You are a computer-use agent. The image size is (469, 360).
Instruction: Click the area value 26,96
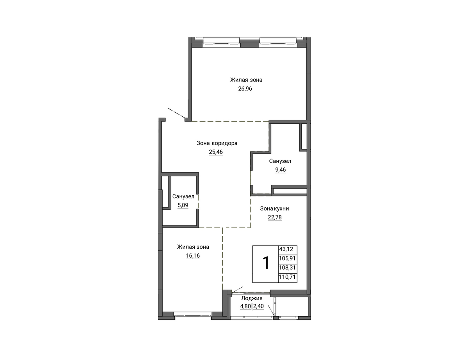[x=245, y=89]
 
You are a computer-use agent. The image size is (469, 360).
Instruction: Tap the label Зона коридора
[x=217, y=143]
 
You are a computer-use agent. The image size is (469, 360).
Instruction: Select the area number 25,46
[x=216, y=152]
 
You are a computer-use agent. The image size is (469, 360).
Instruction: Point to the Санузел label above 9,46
[x=280, y=161]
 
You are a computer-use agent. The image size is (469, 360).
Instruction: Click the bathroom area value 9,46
[x=280, y=170]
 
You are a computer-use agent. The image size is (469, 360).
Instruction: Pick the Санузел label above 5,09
[x=183, y=196]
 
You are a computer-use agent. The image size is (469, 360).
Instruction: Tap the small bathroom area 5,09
[x=183, y=205]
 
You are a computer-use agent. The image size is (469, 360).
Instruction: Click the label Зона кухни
[x=274, y=209]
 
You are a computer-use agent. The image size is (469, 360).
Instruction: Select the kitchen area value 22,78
[x=275, y=217]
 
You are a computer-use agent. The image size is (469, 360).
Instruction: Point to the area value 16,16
[x=193, y=256]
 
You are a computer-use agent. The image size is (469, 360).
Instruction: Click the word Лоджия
[x=252, y=298]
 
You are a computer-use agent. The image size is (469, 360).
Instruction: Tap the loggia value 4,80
[x=245, y=307]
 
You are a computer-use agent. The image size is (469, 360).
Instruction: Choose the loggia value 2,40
[x=258, y=307]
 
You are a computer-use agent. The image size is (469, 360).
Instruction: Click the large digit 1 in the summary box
[x=266, y=263]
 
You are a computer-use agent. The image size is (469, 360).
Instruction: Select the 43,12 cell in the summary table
[x=286, y=249]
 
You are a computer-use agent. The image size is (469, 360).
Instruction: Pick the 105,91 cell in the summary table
[x=287, y=258]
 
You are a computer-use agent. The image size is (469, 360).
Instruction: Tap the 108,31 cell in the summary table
[x=287, y=267]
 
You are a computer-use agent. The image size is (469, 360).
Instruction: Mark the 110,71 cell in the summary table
[x=287, y=277]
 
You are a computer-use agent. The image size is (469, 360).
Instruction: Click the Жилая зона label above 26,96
[x=246, y=80]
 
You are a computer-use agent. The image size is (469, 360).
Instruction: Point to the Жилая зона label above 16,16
[x=193, y=247]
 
